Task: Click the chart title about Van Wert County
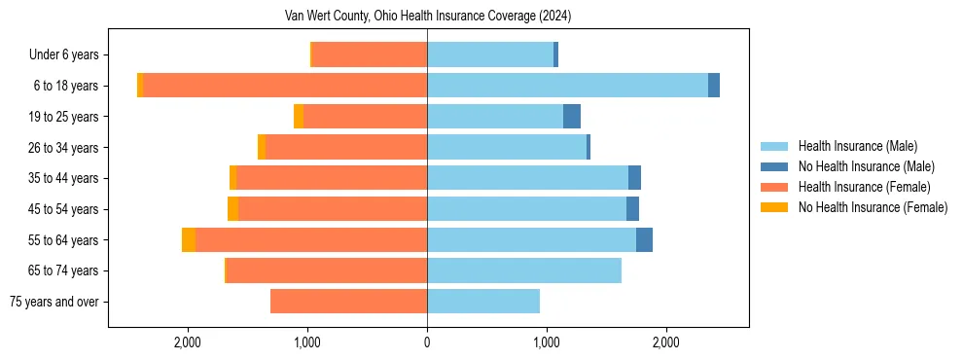point(428,16)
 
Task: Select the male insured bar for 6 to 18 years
point(567,86)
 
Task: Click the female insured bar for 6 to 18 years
point(285,86)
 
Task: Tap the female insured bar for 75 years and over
point(348,302)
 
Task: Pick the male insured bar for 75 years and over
point(483,302)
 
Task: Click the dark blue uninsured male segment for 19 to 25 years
point(572,117)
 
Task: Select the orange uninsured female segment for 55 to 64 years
point(189,240)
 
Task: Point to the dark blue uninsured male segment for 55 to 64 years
point(644,240)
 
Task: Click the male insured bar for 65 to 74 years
point(524,270)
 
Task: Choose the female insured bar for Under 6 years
point(370,55)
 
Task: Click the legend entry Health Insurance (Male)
point(857,146)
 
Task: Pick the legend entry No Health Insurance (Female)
point(873,207)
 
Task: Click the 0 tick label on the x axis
point(427,342)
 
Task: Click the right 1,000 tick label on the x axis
point(547,342)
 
